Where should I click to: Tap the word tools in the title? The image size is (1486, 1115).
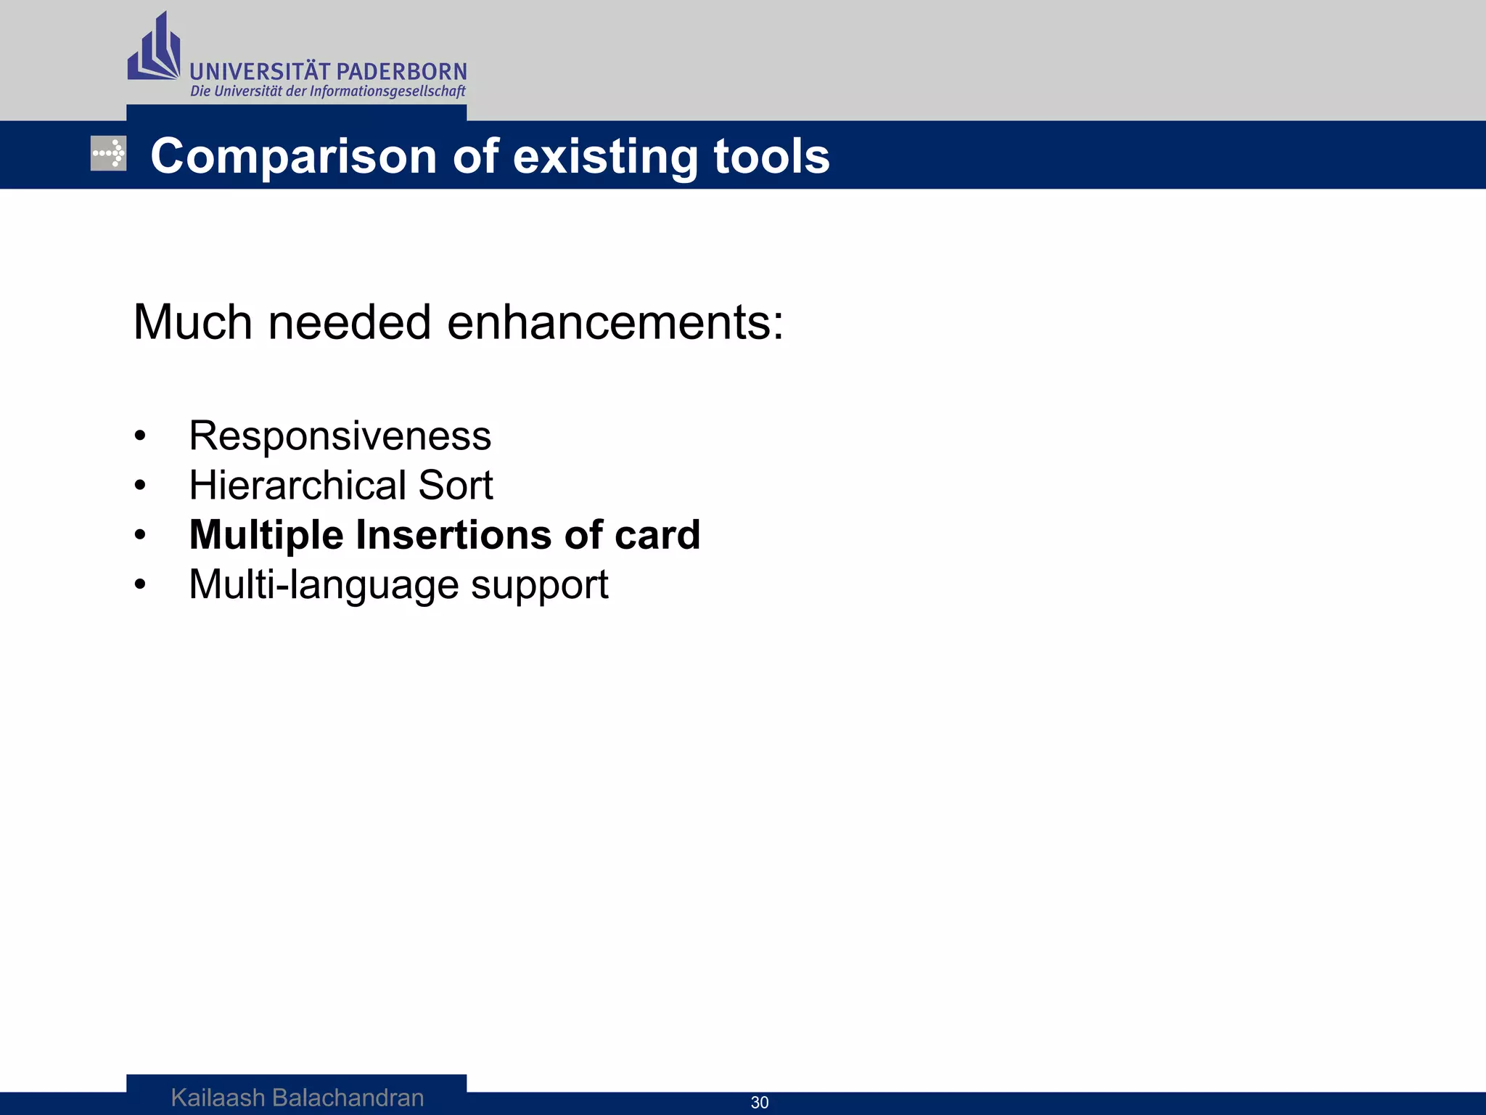pos(771,157)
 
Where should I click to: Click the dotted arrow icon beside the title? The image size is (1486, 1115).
pos(109,154)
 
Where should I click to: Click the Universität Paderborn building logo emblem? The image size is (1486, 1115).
pos(154,49)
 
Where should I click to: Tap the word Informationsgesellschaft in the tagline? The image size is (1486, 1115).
pos(387,91)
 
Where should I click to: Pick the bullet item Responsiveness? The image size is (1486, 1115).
pos(340,436)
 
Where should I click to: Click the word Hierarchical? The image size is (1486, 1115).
pos(297,485)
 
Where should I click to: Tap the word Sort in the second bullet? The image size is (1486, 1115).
pos(456,485)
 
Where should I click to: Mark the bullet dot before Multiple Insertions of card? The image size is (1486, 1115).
pos(140,536)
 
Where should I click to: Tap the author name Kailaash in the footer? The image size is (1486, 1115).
pos(218,1098)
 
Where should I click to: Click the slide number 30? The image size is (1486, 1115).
pos(760,1103)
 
